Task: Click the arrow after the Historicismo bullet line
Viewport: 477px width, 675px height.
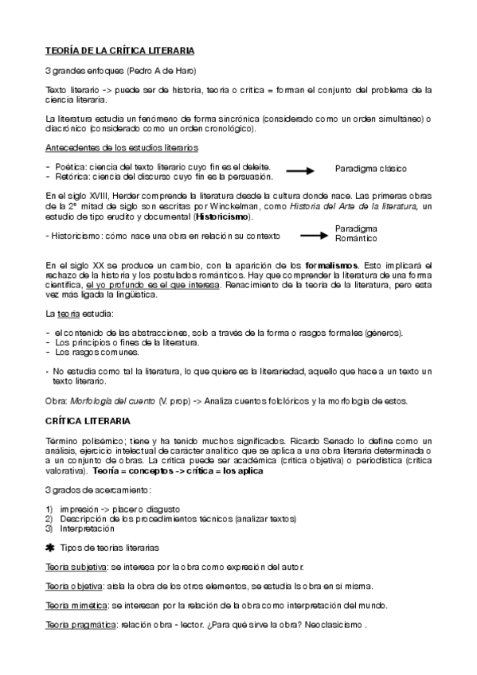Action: (x=315, y=235)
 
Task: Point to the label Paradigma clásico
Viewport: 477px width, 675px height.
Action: (x=371, y=169)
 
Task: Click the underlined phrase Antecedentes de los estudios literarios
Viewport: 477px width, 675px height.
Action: (x=122, y=148)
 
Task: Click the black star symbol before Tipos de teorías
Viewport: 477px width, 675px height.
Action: (x=51, y=548)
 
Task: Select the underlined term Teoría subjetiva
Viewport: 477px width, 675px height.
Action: (x=76, y=567)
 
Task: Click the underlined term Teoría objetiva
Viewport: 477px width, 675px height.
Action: (x=73, y=587)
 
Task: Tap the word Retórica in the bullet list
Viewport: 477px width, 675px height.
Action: (x=73, y=177)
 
